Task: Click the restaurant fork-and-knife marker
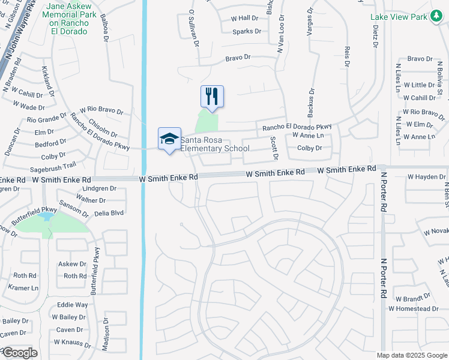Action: (212, 96)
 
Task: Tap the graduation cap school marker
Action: (169, 139)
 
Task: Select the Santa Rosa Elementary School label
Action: (215, 145)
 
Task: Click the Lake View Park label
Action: (399, 16)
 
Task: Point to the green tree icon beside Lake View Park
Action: (438, 16)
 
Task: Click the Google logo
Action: (19, 353)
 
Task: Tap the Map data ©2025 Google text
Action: (412, 355)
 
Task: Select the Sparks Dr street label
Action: (247, 31)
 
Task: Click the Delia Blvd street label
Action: (109, 212)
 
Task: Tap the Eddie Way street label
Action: (72, 305)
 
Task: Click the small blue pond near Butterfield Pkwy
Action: (45, 217)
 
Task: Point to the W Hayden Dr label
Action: (426, 177)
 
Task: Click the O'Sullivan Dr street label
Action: (193, 28)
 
